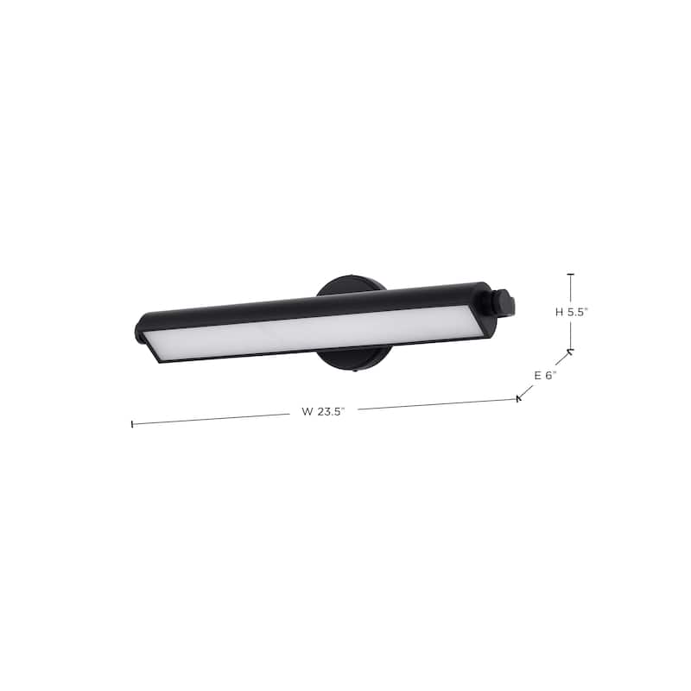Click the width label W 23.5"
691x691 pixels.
323,412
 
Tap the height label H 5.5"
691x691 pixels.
571,313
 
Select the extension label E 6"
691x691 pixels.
545,375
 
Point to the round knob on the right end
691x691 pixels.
504,303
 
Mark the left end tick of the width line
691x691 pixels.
132,424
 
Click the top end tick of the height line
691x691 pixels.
571,275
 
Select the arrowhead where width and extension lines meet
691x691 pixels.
519,398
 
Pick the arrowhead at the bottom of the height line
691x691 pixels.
570,351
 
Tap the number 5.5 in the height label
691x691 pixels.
577,313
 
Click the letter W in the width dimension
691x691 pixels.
307,412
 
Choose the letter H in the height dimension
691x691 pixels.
559,313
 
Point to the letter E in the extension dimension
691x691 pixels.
536,375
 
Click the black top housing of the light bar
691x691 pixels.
311,303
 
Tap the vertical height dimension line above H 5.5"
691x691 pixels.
571,289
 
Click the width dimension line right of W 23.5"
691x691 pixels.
432,404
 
